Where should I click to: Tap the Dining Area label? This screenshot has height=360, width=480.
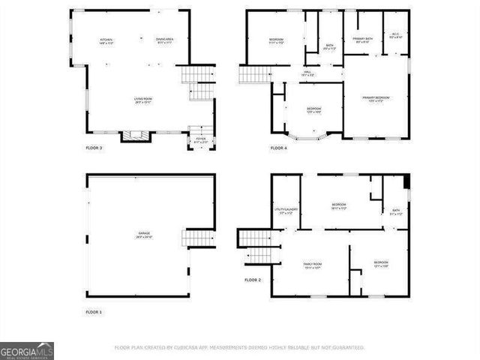[x=165, y=40]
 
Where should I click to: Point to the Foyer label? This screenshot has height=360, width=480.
[x=200, y=139]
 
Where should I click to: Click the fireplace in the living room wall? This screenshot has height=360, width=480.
[x=137, y=136]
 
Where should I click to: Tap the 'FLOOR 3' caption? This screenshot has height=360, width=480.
[x=94, y=148]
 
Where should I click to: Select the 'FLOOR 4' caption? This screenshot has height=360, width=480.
[x=279, y=148]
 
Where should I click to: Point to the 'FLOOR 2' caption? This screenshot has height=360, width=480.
[x=253, y=280]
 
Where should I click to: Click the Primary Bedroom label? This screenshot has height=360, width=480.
[x=376, y=98]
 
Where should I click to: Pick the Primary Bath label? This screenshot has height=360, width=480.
[x=362, y=41]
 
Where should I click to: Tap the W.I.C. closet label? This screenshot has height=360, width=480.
[x=397, y=35]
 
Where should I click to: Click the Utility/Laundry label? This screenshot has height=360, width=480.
[x=285, y=211]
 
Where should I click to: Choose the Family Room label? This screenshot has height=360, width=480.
[x=312, y=265]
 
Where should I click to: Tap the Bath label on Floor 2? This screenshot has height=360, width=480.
[x=396, y=213]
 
